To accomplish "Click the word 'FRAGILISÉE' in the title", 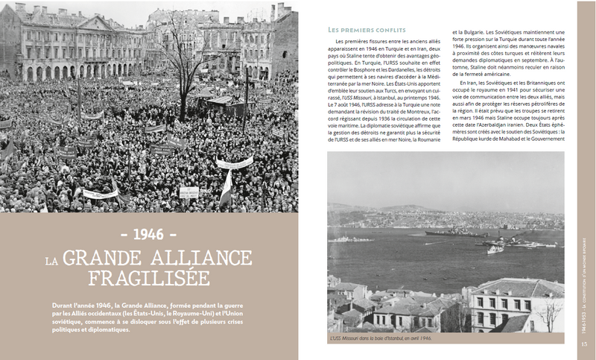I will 149,279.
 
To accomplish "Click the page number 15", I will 584,344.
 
